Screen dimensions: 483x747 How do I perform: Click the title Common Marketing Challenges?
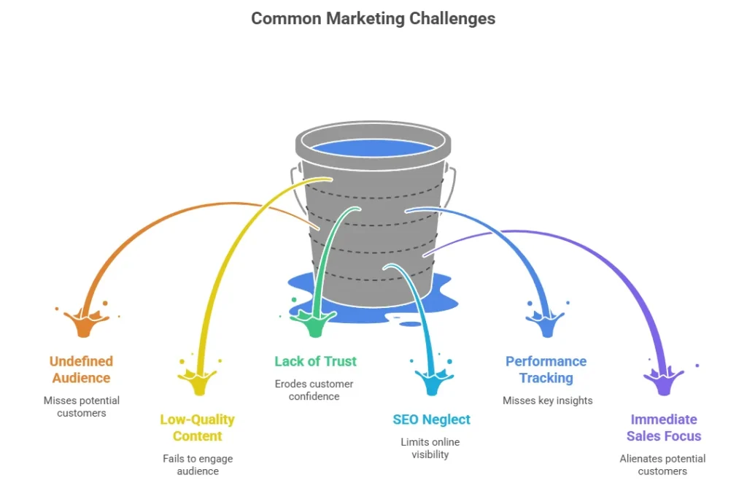click(373, 19)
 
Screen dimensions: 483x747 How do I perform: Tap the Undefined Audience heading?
click(81, 369)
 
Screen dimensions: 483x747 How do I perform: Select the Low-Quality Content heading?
click(197, 428)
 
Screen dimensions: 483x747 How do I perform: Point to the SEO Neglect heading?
click(431, 420)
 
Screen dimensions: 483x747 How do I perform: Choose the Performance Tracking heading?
click(546, 369)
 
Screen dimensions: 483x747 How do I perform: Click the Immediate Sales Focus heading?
click(663, 428)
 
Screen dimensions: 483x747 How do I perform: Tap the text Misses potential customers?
click(81, 406)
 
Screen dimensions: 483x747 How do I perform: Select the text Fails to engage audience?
click(197, 465)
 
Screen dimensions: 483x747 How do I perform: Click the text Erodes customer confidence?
click(314, 390)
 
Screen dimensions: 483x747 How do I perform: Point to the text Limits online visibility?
click(430, 448)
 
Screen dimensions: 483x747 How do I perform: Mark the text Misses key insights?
click(547, 401)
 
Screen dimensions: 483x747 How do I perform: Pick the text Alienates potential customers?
click(663, 465)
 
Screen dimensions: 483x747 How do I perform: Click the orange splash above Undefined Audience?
click(85, 322)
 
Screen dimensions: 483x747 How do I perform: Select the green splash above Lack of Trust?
click(314, 321)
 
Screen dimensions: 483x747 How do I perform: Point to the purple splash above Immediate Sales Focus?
click(664, 379)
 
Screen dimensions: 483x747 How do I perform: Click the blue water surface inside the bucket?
click(373, 148)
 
